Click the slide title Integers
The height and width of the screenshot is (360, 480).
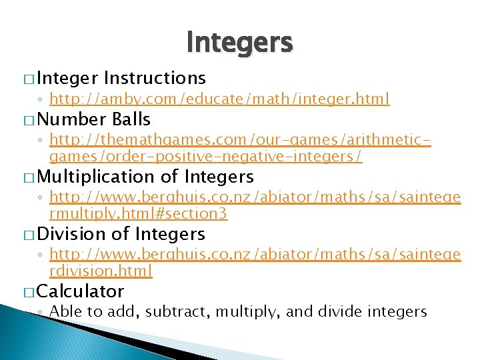[x=239, y=43]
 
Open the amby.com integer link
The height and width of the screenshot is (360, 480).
[x=219, y=100]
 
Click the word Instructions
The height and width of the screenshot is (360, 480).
[x=155, y=79]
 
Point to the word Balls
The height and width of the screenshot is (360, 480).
[x=132, y=120]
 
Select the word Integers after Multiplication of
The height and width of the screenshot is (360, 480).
[x=219, y=177]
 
